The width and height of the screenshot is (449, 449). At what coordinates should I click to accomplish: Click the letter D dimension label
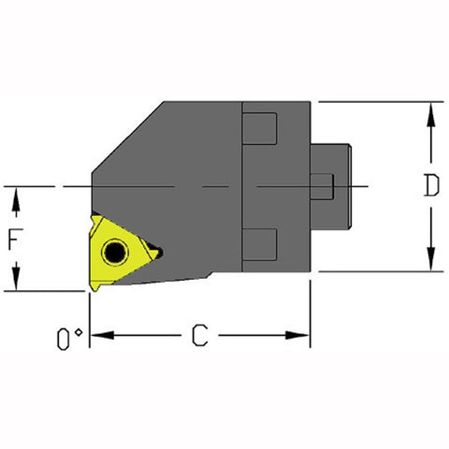(429, 186)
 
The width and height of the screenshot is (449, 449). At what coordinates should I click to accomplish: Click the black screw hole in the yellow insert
(115, 252)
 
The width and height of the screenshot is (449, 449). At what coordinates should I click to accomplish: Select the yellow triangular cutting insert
(119, 251)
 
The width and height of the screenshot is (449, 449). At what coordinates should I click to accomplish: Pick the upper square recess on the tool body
(262, 127)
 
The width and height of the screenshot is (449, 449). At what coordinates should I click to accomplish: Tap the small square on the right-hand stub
(321, 186)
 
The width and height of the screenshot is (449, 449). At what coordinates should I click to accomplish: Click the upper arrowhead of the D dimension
(429, 110)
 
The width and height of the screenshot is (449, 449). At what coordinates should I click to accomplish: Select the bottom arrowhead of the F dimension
(16, 282)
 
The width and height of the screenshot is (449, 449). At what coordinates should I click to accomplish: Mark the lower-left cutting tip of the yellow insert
(93, 287)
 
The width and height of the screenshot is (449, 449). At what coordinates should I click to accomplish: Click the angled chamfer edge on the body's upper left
(127, 137)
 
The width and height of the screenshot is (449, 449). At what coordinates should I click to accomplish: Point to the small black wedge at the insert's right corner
(156, 252)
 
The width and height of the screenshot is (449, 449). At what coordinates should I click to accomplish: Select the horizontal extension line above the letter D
(374, 101)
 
